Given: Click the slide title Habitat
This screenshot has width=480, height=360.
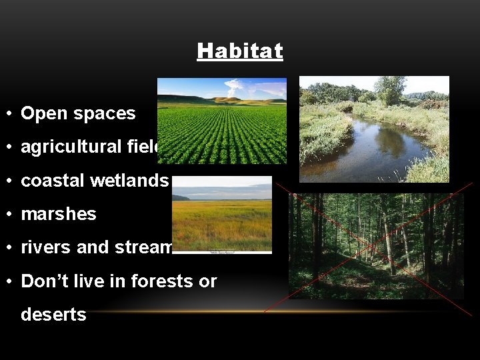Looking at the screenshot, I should tap(240, 51).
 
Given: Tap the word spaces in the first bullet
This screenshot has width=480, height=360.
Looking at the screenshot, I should tap(106, 114).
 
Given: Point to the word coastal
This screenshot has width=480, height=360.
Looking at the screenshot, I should tap(49, 181).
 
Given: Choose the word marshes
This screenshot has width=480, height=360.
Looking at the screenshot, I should tap(59, 214).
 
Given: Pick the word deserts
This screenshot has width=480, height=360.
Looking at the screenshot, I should tap(53, 314).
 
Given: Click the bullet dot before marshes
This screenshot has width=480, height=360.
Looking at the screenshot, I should tap(11, 214).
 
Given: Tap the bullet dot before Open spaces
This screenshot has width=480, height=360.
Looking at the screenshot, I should tap(11, 114).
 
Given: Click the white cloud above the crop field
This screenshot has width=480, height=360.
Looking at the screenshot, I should tap(235, 86).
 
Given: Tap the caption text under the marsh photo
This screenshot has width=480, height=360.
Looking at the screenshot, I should tap(221, 252).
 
